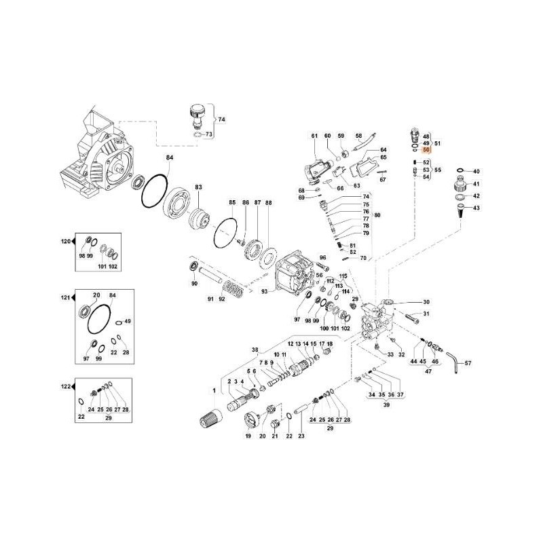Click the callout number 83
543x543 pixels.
click(199, 187)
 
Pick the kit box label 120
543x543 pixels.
click(66, 242)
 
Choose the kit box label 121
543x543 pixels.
click(66, 299)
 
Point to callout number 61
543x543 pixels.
click(314, 136)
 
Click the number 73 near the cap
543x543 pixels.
click(209, 134)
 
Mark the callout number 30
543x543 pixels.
click(426, 302)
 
